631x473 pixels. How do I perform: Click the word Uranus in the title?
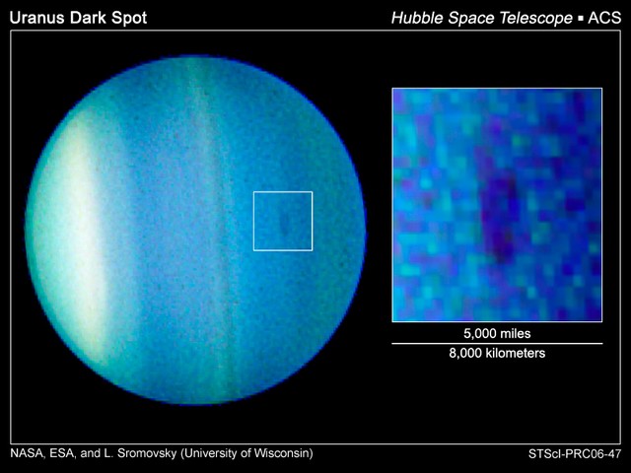click(x=37, y=18)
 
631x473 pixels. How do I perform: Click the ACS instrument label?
click(x=604, y=18)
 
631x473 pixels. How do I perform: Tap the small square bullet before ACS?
click(x=581, y=19)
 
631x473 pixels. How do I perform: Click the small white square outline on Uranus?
click(x=283, y=192)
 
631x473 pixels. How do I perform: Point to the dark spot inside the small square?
click(x=285, y=223)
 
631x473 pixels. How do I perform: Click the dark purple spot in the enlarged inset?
click(x=500, y=217)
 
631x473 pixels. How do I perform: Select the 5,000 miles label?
click(x=497, y=333)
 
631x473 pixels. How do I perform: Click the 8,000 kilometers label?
click(x=497, y=353)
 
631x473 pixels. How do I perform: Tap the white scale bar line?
click(x=497, y=344)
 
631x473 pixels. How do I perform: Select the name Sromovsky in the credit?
click(x=147, y=454)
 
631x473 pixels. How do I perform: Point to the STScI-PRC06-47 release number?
click(x=575, y=454)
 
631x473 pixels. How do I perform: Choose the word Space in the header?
click(x=471, y=19)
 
